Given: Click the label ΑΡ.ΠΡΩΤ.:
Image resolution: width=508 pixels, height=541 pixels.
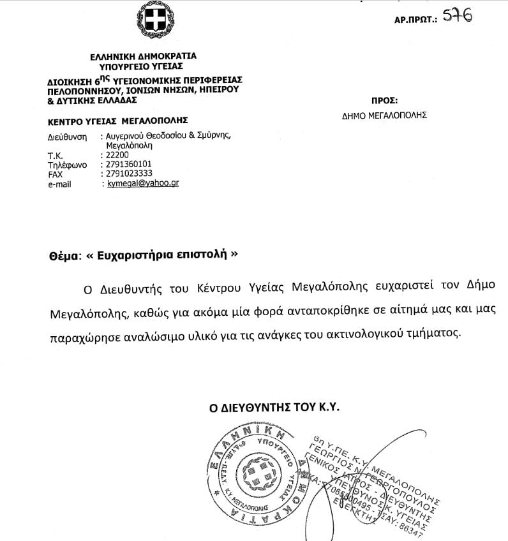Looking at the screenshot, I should coord(416,20).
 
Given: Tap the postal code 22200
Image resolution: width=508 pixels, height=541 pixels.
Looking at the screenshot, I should coord(117,154).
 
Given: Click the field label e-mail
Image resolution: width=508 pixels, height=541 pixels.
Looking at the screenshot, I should coord(60,184).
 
